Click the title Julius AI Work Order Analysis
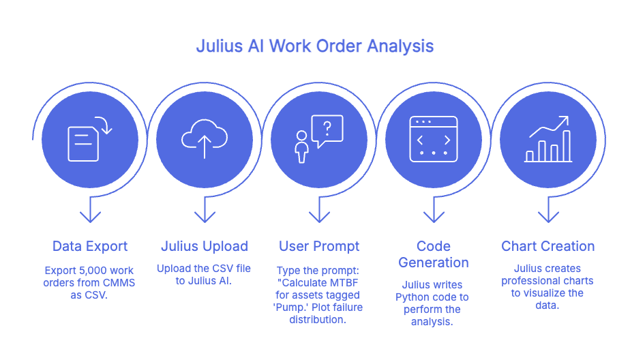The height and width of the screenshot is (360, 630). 314,47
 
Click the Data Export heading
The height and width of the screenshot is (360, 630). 90,246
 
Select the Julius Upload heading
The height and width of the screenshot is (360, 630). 204,246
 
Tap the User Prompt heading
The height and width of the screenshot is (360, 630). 319,246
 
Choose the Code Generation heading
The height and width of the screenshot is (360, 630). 433,254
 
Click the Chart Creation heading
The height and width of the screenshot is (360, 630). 547,246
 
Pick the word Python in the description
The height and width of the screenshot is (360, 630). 412,297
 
